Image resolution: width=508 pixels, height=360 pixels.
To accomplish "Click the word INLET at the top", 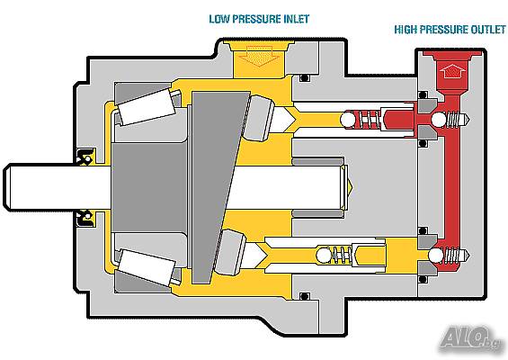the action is (x=297, y=19).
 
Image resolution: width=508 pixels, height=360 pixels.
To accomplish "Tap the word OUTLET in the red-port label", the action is (x=488, y=30).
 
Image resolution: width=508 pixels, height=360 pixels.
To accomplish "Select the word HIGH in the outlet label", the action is (x=406, y=30).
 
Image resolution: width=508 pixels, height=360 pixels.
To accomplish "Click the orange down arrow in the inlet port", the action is (x=259, y=56).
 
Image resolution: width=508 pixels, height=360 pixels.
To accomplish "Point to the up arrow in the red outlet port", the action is (x=452, y=71).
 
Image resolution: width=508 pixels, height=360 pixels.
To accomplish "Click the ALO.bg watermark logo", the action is (x=470, y=339).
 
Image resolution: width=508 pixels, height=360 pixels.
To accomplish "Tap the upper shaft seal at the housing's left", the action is (x=85, y=157).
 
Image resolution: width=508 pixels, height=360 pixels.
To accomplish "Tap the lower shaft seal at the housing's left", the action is (x=85, y=219).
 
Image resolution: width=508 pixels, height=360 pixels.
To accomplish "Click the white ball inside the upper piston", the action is (x=348, y=120).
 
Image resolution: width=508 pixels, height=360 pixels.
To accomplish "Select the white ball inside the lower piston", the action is (x=324, y=256).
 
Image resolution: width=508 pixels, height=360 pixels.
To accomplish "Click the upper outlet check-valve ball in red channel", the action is (x=440, y=120).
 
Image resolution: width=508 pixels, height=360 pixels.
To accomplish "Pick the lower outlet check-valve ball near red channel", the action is (x=436, y=256).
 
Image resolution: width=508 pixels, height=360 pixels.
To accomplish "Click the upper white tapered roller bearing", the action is (x=147, y=106).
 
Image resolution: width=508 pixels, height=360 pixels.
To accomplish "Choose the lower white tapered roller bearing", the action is (x=147, y=267).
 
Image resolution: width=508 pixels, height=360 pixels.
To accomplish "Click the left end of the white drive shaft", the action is (x=4, y=187).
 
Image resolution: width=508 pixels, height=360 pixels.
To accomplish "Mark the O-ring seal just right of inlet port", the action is (x=304, y=78).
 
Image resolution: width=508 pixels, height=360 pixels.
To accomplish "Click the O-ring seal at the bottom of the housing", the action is (x=304, y=296).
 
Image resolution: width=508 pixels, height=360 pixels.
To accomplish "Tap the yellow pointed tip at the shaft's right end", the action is (x=350, y=187).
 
